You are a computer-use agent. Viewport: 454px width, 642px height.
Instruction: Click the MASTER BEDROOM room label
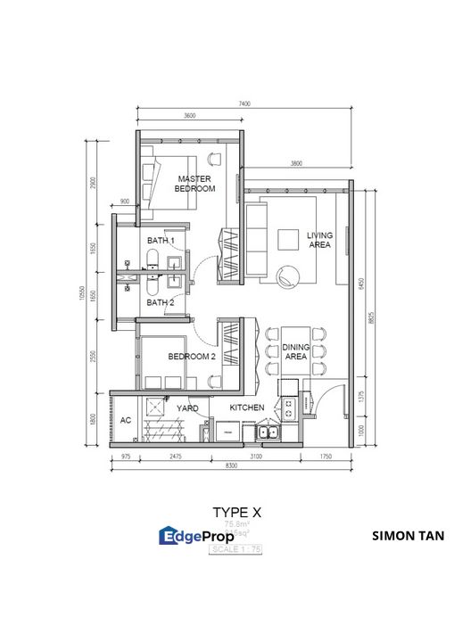pyautogui.click(x=194, y=184)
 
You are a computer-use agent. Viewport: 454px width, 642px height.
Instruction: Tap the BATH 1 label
pyautogui.click(x=161, y=241)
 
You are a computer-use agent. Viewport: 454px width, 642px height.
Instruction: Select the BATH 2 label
pyautogui.click(x=161, y=302)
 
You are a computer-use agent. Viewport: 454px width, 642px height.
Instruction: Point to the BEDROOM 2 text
pyautogui.click(x=193, y=356)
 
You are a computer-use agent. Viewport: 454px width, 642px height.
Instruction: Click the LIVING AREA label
pyautogui.click(x=319, y=241)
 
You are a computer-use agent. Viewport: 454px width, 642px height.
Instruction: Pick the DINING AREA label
pyautogui.click(x=295, y=352)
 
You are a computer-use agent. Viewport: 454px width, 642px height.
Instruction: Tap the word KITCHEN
pyautogui.click(x=246, y=407)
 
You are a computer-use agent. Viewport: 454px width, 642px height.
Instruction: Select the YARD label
pyautogui.click(x=187, y=407)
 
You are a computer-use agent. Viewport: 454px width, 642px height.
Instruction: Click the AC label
pyautogui.click(x=125, y=421)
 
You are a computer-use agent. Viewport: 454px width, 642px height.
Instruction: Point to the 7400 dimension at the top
pyautogui.click(x=244, y=104)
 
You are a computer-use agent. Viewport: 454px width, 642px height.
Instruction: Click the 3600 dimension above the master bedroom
pyautogui.click(x=189, y=117)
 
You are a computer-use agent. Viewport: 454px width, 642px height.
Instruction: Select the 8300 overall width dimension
pyautogui.click(x=231, y=466)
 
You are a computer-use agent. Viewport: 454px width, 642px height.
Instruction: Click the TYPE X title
pyautogui.click(x=236, y=513)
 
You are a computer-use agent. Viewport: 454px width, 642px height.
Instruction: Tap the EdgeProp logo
pyautogui.click(x=196, y=536)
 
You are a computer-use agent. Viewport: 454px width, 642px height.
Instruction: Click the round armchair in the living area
pyautogui.click(x=289, y=277)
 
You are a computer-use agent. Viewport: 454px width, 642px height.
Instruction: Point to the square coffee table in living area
pyautogui.click(x=288, y=240)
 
